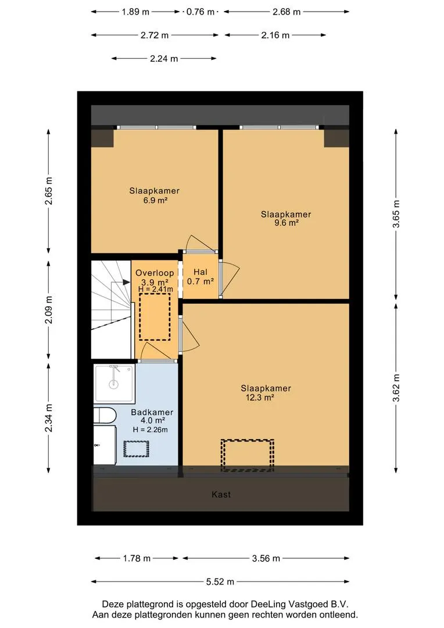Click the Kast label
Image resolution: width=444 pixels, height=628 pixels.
point(221,495)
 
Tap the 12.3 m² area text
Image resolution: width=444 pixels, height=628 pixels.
point(259,398)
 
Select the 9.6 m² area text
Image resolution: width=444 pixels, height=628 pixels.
point(286,223)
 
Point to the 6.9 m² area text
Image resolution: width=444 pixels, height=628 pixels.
point(155,200)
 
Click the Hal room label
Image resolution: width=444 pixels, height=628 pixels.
point(200,272)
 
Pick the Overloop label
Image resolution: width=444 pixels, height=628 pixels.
point(155,273)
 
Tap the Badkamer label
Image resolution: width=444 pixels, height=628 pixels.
point(152,412)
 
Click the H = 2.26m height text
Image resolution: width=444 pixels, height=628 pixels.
point(150,430)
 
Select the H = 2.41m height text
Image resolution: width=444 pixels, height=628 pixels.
point(155,289)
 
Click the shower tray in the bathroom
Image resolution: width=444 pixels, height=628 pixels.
point(114,383)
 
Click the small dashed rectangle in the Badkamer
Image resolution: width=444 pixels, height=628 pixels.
point(136,449)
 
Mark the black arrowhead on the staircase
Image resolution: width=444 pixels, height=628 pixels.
point(127,282)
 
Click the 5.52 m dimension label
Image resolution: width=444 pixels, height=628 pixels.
point(220,581)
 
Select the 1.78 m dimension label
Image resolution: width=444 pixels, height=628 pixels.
point(137,558)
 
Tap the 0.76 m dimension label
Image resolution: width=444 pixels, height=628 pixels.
point(200,12)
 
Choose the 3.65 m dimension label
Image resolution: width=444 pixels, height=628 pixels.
point(396,214)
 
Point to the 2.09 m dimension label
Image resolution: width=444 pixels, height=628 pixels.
point(48,310)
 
